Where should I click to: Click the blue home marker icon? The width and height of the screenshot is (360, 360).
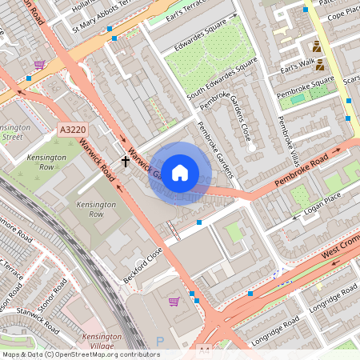[180, 173]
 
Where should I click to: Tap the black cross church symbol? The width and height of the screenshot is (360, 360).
[125, 162]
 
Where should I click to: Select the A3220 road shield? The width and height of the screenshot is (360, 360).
[71, 129]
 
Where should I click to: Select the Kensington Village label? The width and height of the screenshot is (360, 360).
[102, 342]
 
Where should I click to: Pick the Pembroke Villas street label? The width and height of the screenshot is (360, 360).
[287, 137]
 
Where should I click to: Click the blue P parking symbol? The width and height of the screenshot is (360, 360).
[159, 342]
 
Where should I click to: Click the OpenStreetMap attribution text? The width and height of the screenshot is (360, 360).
[81, 354]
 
